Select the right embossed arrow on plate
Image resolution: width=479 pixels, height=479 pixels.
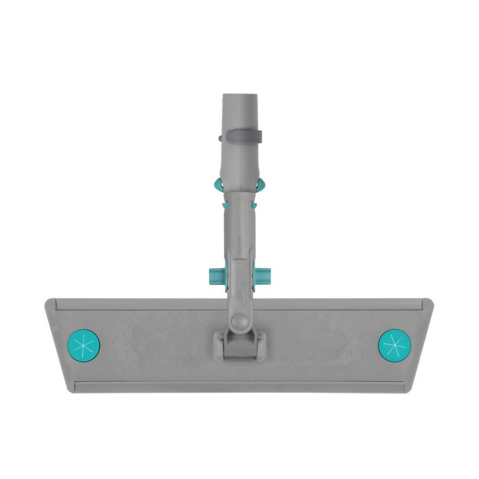(357, 346)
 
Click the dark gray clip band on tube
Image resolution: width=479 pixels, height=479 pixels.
(241, 137)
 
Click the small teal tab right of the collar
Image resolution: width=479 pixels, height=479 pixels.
(254, 205)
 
